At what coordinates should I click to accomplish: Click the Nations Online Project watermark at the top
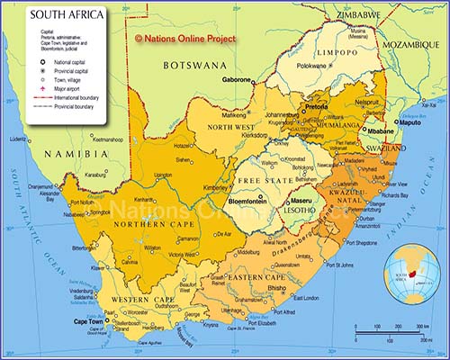pos(185,39)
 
